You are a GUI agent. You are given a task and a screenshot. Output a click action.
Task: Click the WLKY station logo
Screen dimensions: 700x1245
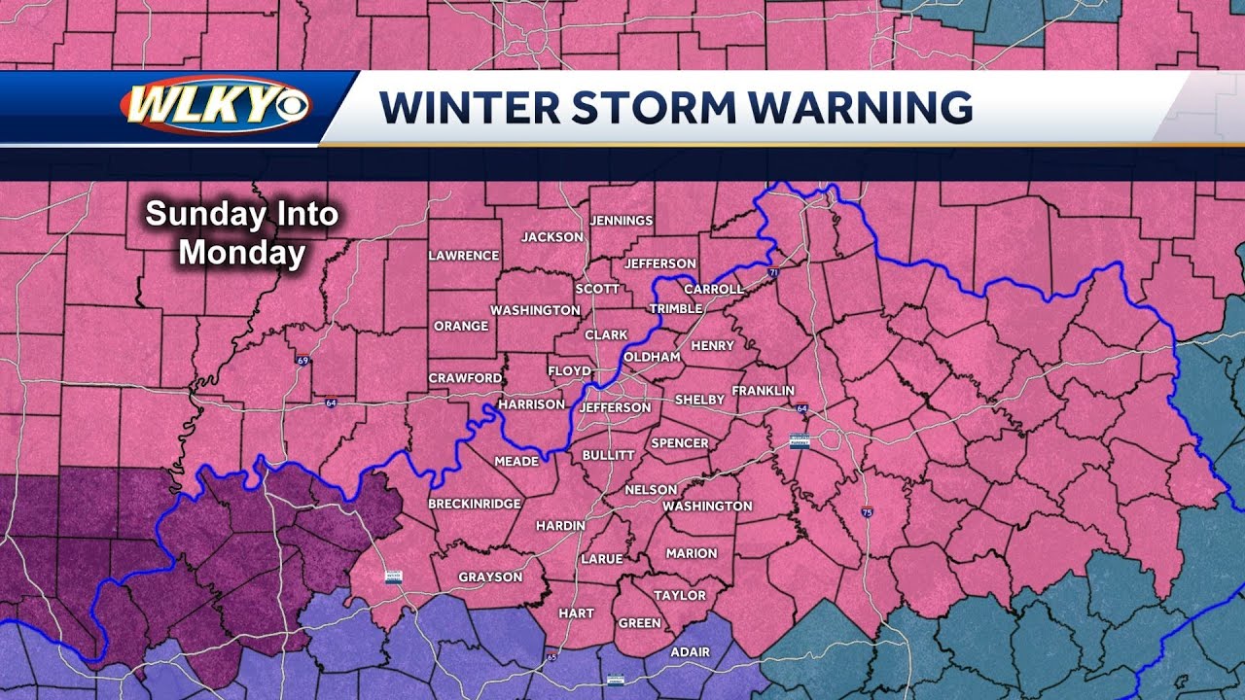[215, 105]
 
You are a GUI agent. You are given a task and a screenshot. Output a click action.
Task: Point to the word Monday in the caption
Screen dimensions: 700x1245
[242, 253]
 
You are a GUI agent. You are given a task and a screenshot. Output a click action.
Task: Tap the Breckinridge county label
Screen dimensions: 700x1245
[475, 504]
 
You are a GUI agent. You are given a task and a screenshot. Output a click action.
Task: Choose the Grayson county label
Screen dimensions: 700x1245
[490, 577]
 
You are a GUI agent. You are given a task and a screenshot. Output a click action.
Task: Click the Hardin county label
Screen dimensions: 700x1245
[560, 525]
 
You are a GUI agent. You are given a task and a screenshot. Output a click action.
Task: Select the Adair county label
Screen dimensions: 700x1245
[690, 651]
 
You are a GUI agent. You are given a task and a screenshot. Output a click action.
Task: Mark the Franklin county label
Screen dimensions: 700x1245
[764, 391]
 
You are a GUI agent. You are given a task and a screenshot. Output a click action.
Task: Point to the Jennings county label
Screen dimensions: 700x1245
[622, 221]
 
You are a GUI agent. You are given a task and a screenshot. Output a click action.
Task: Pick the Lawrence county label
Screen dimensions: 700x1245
[464, 256]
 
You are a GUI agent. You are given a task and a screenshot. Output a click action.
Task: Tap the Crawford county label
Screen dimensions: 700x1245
[466, 378]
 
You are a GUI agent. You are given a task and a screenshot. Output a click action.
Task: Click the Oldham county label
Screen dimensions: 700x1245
[652, 358]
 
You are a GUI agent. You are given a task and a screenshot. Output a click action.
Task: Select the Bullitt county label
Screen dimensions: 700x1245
[608, 455]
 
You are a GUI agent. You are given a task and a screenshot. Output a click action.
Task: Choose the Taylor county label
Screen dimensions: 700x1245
[679, 595]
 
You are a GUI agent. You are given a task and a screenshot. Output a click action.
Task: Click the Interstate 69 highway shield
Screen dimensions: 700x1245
[304, 360]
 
